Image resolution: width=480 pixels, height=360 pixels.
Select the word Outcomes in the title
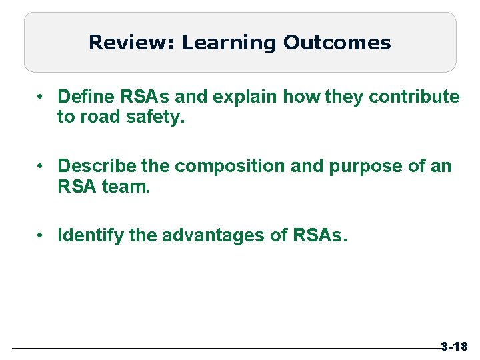coord(337,43)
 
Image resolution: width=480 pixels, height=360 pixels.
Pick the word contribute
coord(414,97)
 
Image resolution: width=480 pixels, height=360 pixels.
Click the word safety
coord(161,118)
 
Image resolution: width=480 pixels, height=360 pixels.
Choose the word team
coord(127,187)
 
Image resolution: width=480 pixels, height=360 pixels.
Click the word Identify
coord(87,235)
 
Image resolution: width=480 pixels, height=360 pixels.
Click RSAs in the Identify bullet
coord(319,235)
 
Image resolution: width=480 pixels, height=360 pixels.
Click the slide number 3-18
coord(453,347)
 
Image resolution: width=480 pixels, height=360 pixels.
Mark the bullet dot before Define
coord(41,97)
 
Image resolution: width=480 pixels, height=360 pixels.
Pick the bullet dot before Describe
coord(41,165)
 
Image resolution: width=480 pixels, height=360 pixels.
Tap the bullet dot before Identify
coord(41,235)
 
